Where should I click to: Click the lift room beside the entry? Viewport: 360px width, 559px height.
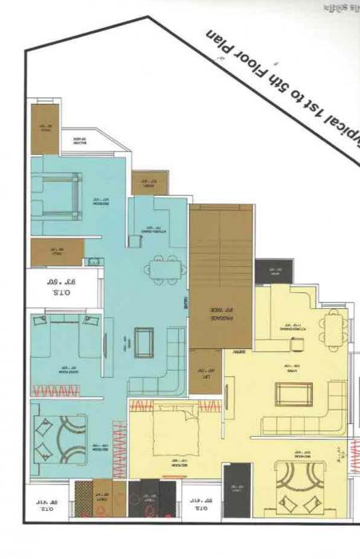point(206,371)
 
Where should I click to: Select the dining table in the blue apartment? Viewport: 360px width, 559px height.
point(168,268)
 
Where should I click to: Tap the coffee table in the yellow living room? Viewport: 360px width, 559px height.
point(288,394)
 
